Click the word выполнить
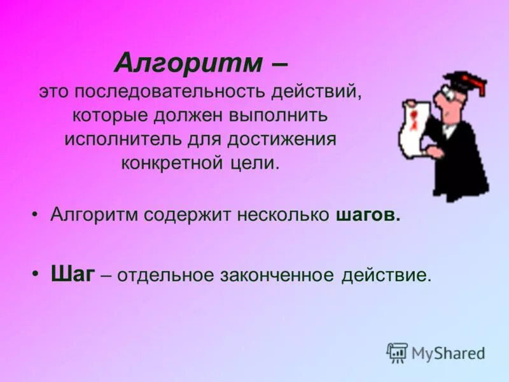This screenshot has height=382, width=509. tap(278, 117)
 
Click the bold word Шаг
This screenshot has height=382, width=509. tap(73, 274)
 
